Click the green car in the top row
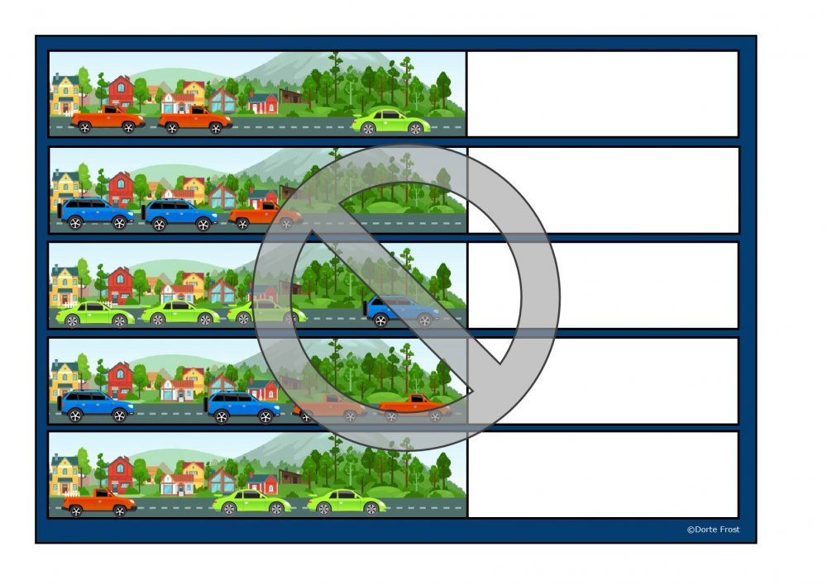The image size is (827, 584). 391,121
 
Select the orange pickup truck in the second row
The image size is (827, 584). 265,216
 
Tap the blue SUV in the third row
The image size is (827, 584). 401,311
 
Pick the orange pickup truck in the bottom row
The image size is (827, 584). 99,502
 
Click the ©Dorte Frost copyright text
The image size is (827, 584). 713,529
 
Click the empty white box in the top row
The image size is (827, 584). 602,93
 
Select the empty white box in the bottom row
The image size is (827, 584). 602,474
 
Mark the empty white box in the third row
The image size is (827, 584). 602,285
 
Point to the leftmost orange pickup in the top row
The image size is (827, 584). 108,120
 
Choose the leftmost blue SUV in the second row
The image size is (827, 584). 96,213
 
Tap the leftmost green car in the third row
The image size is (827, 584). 95,314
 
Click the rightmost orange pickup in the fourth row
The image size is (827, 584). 414,407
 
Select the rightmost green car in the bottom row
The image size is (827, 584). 347,502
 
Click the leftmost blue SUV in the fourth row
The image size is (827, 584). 96,406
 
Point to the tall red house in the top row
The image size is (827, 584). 122,93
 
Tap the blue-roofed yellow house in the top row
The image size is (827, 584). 65,94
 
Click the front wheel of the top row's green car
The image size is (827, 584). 416,128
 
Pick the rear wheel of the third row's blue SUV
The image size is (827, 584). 380,320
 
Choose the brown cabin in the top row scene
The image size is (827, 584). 291,97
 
